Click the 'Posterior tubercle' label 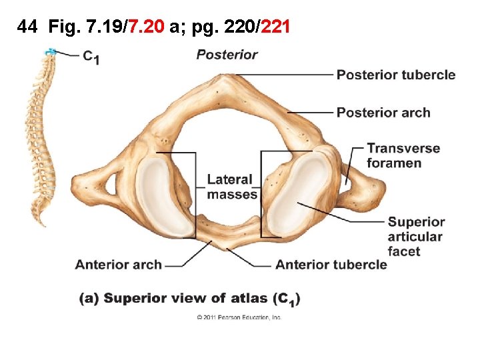pos(396,75)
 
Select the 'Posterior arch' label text pos(383,113)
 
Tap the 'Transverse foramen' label pos(403,155)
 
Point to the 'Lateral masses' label pos(231,187)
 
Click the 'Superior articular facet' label pos(415,237)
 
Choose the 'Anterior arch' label pos(118,265)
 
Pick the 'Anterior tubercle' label pos(331,265)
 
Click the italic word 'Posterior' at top pos(227,55)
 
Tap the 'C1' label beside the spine pos(91,57)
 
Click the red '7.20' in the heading pos(147,27)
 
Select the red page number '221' pos(275,27)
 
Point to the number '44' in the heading pos(27,27)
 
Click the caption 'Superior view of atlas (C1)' pos(190,298)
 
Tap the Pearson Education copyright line pos(239,317)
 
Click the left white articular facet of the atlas pos(159,195)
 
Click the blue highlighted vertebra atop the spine pos(50,52)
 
